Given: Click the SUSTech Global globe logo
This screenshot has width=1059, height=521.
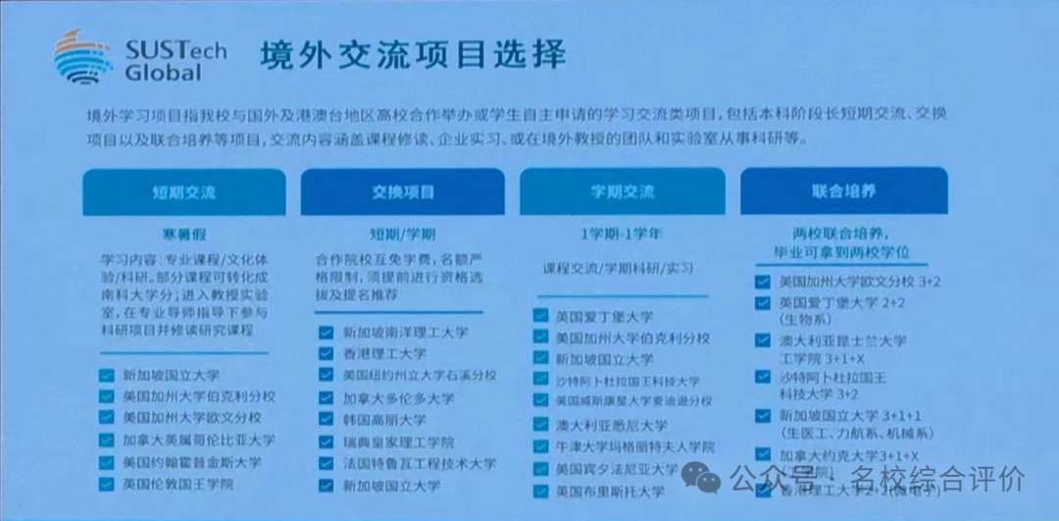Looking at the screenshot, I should coord(83,57).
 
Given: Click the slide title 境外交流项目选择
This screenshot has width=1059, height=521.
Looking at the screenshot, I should coord(413,56).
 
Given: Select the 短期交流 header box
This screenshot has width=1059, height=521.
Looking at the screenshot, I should coord(183,191).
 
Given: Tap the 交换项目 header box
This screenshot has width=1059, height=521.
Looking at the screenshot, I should coord(403,191).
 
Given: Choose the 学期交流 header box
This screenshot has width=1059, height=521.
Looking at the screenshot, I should coord(622,191).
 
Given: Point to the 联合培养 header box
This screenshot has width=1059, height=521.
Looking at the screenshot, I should coord(843,190).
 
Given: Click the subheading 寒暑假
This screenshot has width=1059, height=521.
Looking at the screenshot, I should coord(183,235).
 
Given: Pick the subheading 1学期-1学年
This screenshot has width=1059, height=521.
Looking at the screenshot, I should coord(622,235).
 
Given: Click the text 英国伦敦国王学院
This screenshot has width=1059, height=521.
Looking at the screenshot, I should coord(178,484).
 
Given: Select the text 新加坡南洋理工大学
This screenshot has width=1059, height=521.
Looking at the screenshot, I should coord(405,334).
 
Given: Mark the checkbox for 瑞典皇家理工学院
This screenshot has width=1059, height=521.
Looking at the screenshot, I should coord(326,443).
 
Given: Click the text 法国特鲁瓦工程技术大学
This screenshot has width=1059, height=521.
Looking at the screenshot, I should coord(419,464).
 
